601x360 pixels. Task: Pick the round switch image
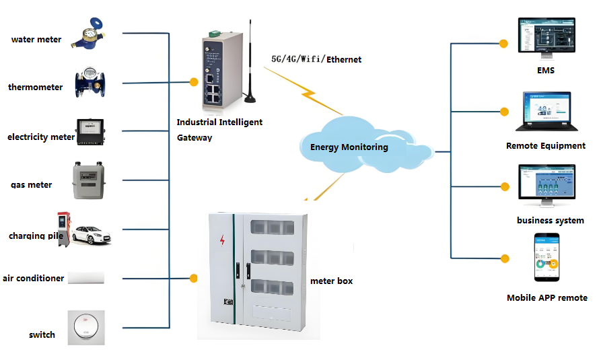85,328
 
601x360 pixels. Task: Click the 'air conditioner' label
34,278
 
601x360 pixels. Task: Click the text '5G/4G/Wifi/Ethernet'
316,59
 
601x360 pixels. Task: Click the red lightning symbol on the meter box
223,240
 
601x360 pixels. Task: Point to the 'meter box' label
331,281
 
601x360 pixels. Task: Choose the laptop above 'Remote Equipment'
545,112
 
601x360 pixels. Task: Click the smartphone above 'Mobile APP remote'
546,258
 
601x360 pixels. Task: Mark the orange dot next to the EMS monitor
503,44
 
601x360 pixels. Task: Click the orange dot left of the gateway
194,82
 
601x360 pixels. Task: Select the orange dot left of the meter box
194,278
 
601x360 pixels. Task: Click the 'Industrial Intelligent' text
219,122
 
